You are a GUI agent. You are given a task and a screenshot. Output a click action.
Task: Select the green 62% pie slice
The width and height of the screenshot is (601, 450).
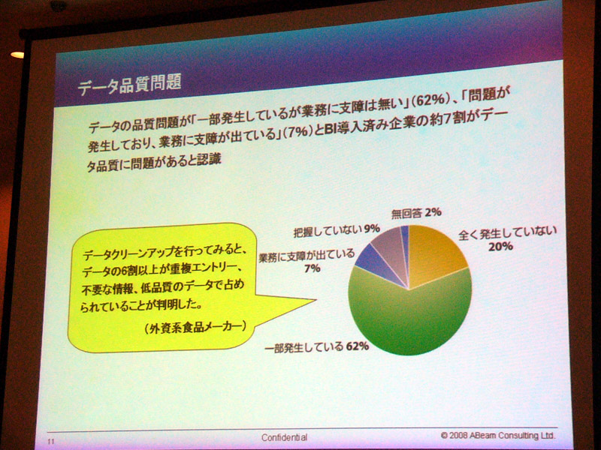click(x=410, y=317)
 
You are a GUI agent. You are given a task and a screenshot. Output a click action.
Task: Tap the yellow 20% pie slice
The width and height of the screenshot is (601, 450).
click(x=435, y=256)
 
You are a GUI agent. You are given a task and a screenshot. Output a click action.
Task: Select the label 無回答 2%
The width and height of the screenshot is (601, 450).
click(x=416, y=213)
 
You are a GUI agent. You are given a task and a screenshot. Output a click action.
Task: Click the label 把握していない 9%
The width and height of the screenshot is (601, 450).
click(x=337, y=230)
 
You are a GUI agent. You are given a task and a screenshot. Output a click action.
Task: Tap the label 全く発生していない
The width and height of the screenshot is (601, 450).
click(x=507, y=233)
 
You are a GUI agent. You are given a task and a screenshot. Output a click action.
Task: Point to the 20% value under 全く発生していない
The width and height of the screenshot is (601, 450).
click(x=500, y=247)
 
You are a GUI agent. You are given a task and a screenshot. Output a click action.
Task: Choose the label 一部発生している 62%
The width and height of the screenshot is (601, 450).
click(x=316, y=347)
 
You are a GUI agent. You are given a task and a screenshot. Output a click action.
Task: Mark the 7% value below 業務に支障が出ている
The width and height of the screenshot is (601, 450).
click(x=313, y=268)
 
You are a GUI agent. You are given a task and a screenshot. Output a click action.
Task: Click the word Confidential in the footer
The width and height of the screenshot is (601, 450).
click(x=284, y=437)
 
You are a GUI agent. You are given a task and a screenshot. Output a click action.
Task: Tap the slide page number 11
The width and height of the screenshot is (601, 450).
click(x=51, y=442)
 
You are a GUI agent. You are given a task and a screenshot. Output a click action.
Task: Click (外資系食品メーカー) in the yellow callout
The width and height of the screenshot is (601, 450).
click(x=195, y=328)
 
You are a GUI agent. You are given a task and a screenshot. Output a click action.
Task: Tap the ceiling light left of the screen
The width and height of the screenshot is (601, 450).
click(x=17, y=55)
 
